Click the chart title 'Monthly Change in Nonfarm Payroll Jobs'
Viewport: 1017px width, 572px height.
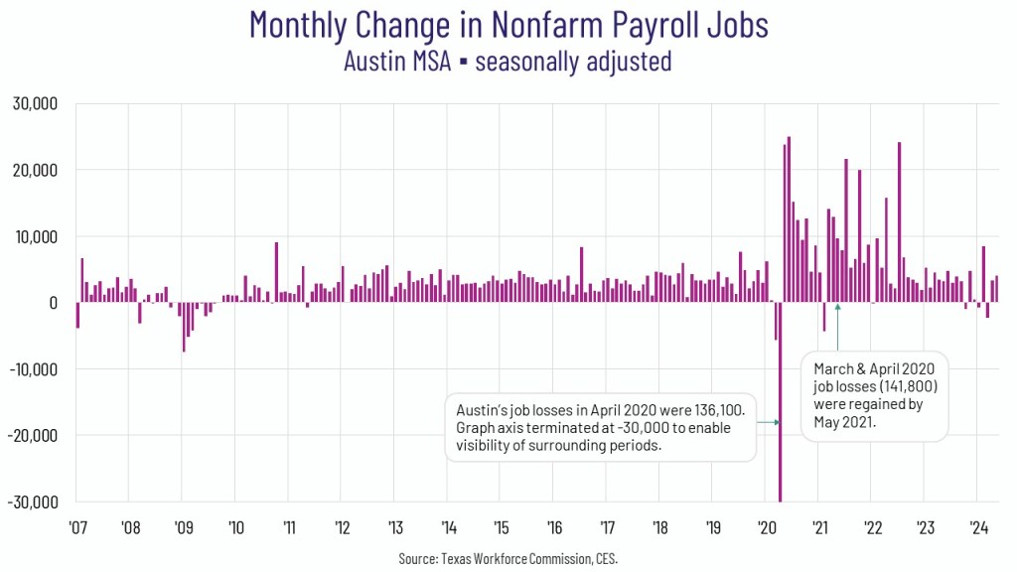(508, 24)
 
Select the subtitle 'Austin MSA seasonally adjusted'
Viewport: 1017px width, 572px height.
(508, 61)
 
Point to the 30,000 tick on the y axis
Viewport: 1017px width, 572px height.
(36, 103)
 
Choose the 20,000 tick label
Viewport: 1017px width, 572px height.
(36, 170)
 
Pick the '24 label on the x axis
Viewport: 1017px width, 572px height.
(977, 526)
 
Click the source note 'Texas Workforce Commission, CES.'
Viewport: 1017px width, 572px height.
(508, 559)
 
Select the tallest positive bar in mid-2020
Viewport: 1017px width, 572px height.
(789, 219)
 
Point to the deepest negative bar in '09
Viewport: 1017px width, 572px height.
(184, 327)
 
